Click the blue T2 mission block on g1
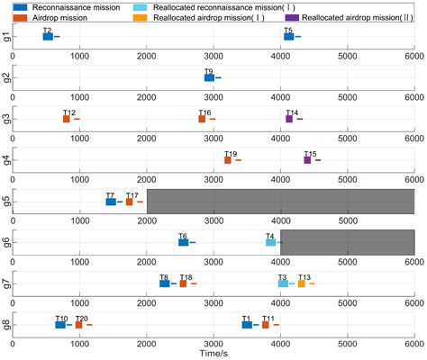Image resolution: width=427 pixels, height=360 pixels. [48, 37]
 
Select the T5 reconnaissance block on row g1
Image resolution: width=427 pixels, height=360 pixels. [288, 37]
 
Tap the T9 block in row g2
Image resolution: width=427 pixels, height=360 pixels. [209, 78]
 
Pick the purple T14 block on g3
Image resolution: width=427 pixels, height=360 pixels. [289, 119]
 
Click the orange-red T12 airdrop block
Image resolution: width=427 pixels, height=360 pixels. [67, 119]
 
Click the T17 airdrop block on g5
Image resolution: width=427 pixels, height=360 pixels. [129, 202]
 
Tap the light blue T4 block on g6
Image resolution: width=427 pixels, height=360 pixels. [270, 242]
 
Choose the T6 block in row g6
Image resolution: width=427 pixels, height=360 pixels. [183, 242]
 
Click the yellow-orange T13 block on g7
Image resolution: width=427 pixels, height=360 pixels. [302, 283]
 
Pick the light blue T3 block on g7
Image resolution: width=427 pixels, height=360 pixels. [283, 283]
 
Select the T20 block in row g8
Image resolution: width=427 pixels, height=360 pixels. [78, 324]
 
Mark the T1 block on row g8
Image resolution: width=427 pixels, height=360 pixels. [247, 324]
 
